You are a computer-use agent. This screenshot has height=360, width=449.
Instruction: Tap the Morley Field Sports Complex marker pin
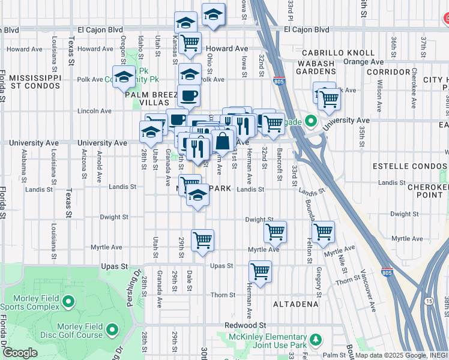coord(68,300)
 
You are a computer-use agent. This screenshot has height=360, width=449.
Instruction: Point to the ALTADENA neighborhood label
coord(295,304)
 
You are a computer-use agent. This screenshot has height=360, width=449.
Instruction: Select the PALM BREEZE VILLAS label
coord(147,98)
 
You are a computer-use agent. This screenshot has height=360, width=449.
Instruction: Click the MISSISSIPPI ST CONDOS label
coord(35,82)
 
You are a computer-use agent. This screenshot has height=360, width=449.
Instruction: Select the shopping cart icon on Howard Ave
coord(190,42)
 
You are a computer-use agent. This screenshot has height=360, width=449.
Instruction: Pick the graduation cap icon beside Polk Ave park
coord(124,76)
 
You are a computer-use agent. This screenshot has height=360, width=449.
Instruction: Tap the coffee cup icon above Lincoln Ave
coord(188,95)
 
